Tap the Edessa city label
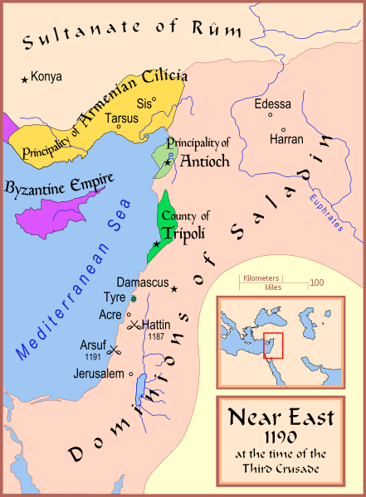tap(275, 104)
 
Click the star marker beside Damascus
tap(174, 289)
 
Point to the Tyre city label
tap(114, 297)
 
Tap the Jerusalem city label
tap(99, 374)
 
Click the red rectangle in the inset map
tap(274, 345)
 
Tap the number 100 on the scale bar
tap(316, 282)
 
